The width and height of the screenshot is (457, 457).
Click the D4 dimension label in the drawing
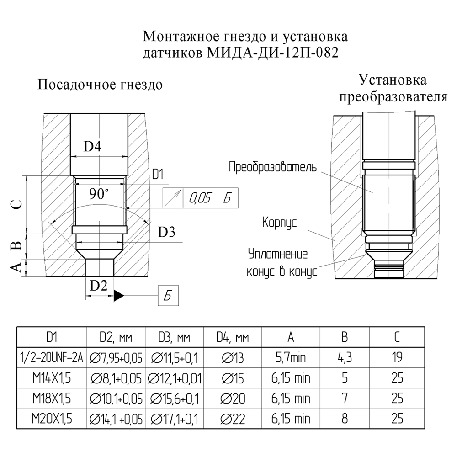(x=92, y=146)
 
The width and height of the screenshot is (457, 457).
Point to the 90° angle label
(x=99, y=194)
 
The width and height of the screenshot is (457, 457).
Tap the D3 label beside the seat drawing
(x=166, y=232)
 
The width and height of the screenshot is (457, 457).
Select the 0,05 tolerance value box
(x=200, y=198)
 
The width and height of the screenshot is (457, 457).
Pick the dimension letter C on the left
(x=18, y=204)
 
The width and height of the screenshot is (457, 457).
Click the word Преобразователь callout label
(x=272, y=167)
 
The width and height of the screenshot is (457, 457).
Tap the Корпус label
(x=280, y=223)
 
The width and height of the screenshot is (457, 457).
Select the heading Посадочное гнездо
(x=100, y=85)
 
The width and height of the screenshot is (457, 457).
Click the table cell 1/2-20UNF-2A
(x=52, y=358)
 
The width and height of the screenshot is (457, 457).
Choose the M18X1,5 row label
(x=52, y=399)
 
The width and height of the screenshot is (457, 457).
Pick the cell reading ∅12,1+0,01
(x=174, y=378)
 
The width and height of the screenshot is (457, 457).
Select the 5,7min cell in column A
(x=291, y=358)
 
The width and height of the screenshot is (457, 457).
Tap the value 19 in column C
(x=397, y=357)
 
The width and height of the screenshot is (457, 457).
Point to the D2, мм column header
(x=116, y=337)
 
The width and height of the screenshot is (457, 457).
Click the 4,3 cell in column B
(x=345, y=358)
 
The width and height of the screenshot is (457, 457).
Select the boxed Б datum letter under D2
(x=168, y=296)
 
